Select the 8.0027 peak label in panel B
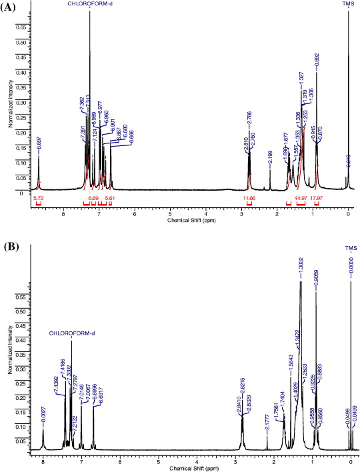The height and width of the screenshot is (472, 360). [43, 417]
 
